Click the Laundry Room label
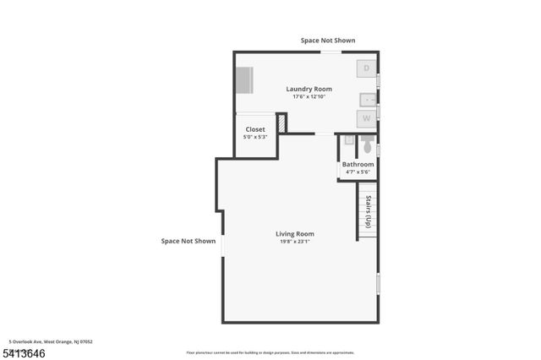click(309, 89)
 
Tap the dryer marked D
click(365, 68)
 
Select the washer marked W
click(366, 119)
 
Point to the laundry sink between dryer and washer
click(368, 97)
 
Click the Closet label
click(254, 129)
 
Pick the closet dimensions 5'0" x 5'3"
click(254, 137)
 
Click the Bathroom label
click(358, 164)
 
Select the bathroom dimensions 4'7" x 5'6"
click(358, 172)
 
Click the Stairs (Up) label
click(368, 211)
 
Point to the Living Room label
click(294, 233)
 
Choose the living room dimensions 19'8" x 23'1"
click(294, 242)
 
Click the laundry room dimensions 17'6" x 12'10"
click(309, 96)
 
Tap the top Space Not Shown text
click(328, 41)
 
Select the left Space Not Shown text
click(189, 241)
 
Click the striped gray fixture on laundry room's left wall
click(243, 81)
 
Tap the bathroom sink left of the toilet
click(348, 141)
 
